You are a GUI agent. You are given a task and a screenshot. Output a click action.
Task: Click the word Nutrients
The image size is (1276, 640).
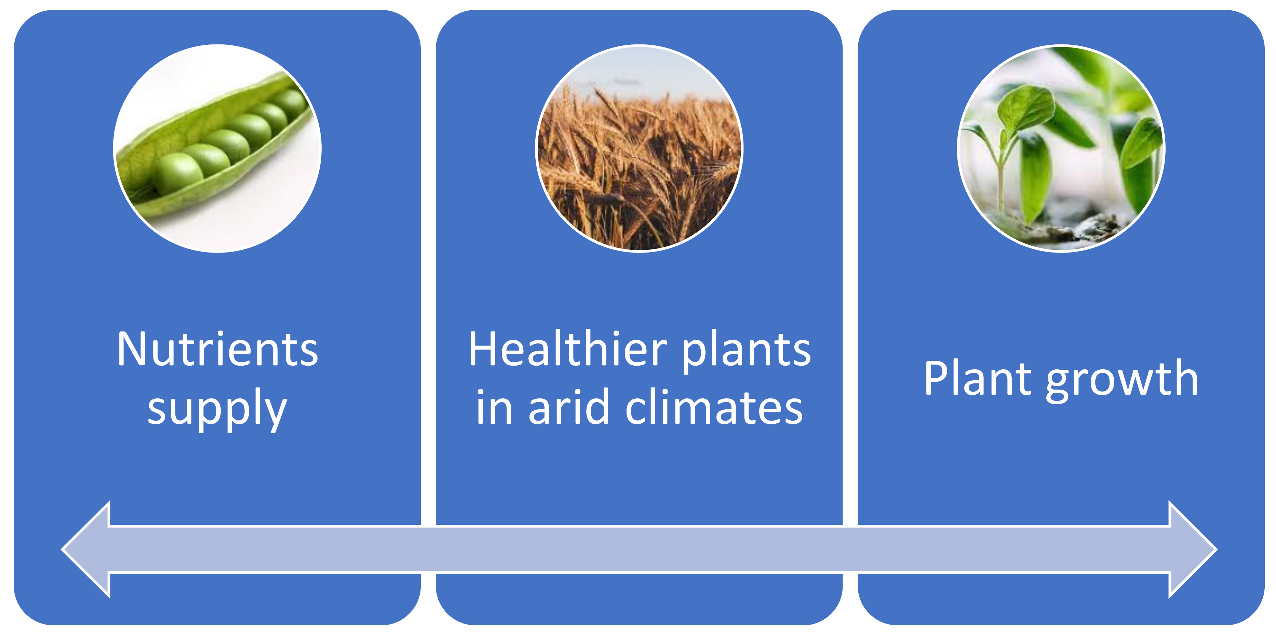point(217,349)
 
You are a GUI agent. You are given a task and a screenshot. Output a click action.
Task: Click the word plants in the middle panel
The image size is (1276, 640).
point(747,352)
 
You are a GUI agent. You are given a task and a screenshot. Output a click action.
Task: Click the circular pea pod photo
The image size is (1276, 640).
point(217,149)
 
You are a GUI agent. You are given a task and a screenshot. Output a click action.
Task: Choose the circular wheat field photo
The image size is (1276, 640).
point(639,149)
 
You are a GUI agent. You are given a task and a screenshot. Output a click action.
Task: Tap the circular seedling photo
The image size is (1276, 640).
point(1061,149)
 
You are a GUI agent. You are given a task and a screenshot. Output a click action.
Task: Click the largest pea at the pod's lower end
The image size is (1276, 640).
point(177,173)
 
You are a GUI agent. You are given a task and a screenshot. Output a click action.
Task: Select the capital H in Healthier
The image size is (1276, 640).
point(483,349)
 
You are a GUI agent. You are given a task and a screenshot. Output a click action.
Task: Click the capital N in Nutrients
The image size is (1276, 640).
point(132,349)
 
